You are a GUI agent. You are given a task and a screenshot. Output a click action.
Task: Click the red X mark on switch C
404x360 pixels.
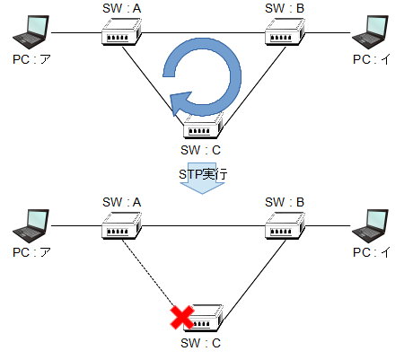click(x=182, y=318)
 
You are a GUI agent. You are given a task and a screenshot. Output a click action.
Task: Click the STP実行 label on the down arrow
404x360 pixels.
click(x=203, y=174)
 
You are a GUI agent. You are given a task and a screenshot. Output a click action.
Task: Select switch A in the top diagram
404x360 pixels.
click(x=121, y=32)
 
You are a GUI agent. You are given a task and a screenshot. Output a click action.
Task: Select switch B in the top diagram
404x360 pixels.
click(x=285, y=32)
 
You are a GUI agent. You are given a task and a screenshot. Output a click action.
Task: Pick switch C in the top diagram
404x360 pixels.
click(x=204, y=126)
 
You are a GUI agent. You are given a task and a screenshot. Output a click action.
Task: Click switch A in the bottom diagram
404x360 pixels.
click(x=121, y=225)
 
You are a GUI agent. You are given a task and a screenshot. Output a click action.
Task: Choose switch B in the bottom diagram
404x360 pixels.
click(x=285, y=225)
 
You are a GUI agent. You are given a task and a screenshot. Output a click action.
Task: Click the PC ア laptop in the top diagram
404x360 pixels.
click(x=31, y=32)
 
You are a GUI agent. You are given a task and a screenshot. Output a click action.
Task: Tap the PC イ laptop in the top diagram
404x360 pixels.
click(x=370, y=32)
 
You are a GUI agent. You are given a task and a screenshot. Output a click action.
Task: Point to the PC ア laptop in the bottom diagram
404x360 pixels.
click(x=31, y=225)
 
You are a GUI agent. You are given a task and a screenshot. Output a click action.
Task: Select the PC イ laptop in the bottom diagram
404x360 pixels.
click(x=370, y=225)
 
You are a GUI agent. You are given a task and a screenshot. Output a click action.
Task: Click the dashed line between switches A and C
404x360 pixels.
click(x=148, y=273)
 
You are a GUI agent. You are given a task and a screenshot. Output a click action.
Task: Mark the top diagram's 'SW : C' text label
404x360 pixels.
click(x=200, y=150)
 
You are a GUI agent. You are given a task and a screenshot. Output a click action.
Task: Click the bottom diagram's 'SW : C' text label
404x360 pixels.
click(x=200, y=343)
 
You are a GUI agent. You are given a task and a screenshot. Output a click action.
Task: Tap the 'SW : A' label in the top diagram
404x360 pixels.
click(x=121, y=8)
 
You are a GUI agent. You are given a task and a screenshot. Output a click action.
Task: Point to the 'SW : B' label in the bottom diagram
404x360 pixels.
click(x=285, y=202)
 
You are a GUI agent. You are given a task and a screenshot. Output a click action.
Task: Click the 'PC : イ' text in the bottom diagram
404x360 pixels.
click(x=371, y=252)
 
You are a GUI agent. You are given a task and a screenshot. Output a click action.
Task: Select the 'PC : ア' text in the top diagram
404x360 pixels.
click(x=31, y=59)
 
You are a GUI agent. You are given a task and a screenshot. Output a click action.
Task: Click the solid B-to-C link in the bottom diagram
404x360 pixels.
click(x=255, y=279)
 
